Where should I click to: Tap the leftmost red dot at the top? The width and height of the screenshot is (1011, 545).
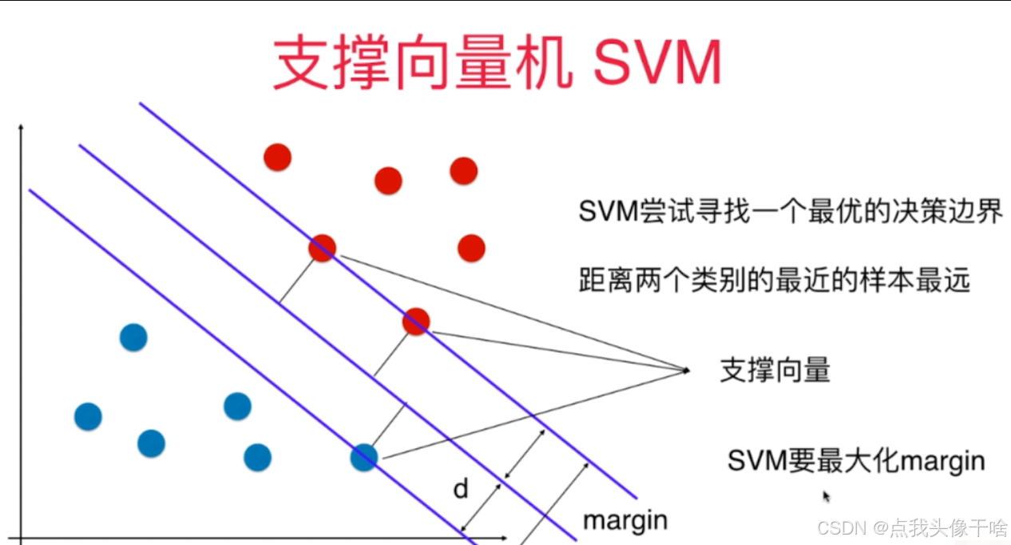click(277, 157)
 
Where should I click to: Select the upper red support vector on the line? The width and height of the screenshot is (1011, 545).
click(323, 249)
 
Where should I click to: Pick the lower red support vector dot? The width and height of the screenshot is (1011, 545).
click(415, 321)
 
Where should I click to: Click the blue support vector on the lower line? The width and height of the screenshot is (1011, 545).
click(364, 457)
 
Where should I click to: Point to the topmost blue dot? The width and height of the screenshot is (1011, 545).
click(133, 337)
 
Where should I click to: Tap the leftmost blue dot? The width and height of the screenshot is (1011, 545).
click(88, 416)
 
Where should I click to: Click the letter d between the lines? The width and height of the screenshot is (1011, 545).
click(461, 489)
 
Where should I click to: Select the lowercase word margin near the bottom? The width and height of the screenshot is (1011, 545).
click(624, 520)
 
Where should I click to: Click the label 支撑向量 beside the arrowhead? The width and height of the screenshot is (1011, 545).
click(775, 371)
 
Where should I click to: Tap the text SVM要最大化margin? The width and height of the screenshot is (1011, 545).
click(855, 461)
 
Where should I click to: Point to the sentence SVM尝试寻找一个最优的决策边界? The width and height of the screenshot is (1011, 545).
click(791, 212)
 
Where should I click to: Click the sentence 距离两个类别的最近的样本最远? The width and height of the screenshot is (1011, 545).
click(775, 280)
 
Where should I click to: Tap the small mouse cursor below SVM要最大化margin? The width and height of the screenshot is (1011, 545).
click(827, 496)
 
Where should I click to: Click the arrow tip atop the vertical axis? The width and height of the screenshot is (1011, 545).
click(22, 126)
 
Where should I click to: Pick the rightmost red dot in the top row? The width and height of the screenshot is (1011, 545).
click(463, 171)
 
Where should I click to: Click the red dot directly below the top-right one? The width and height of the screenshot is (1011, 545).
click(471, 248)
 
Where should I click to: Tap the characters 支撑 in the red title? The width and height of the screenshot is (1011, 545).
click(331, 62)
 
